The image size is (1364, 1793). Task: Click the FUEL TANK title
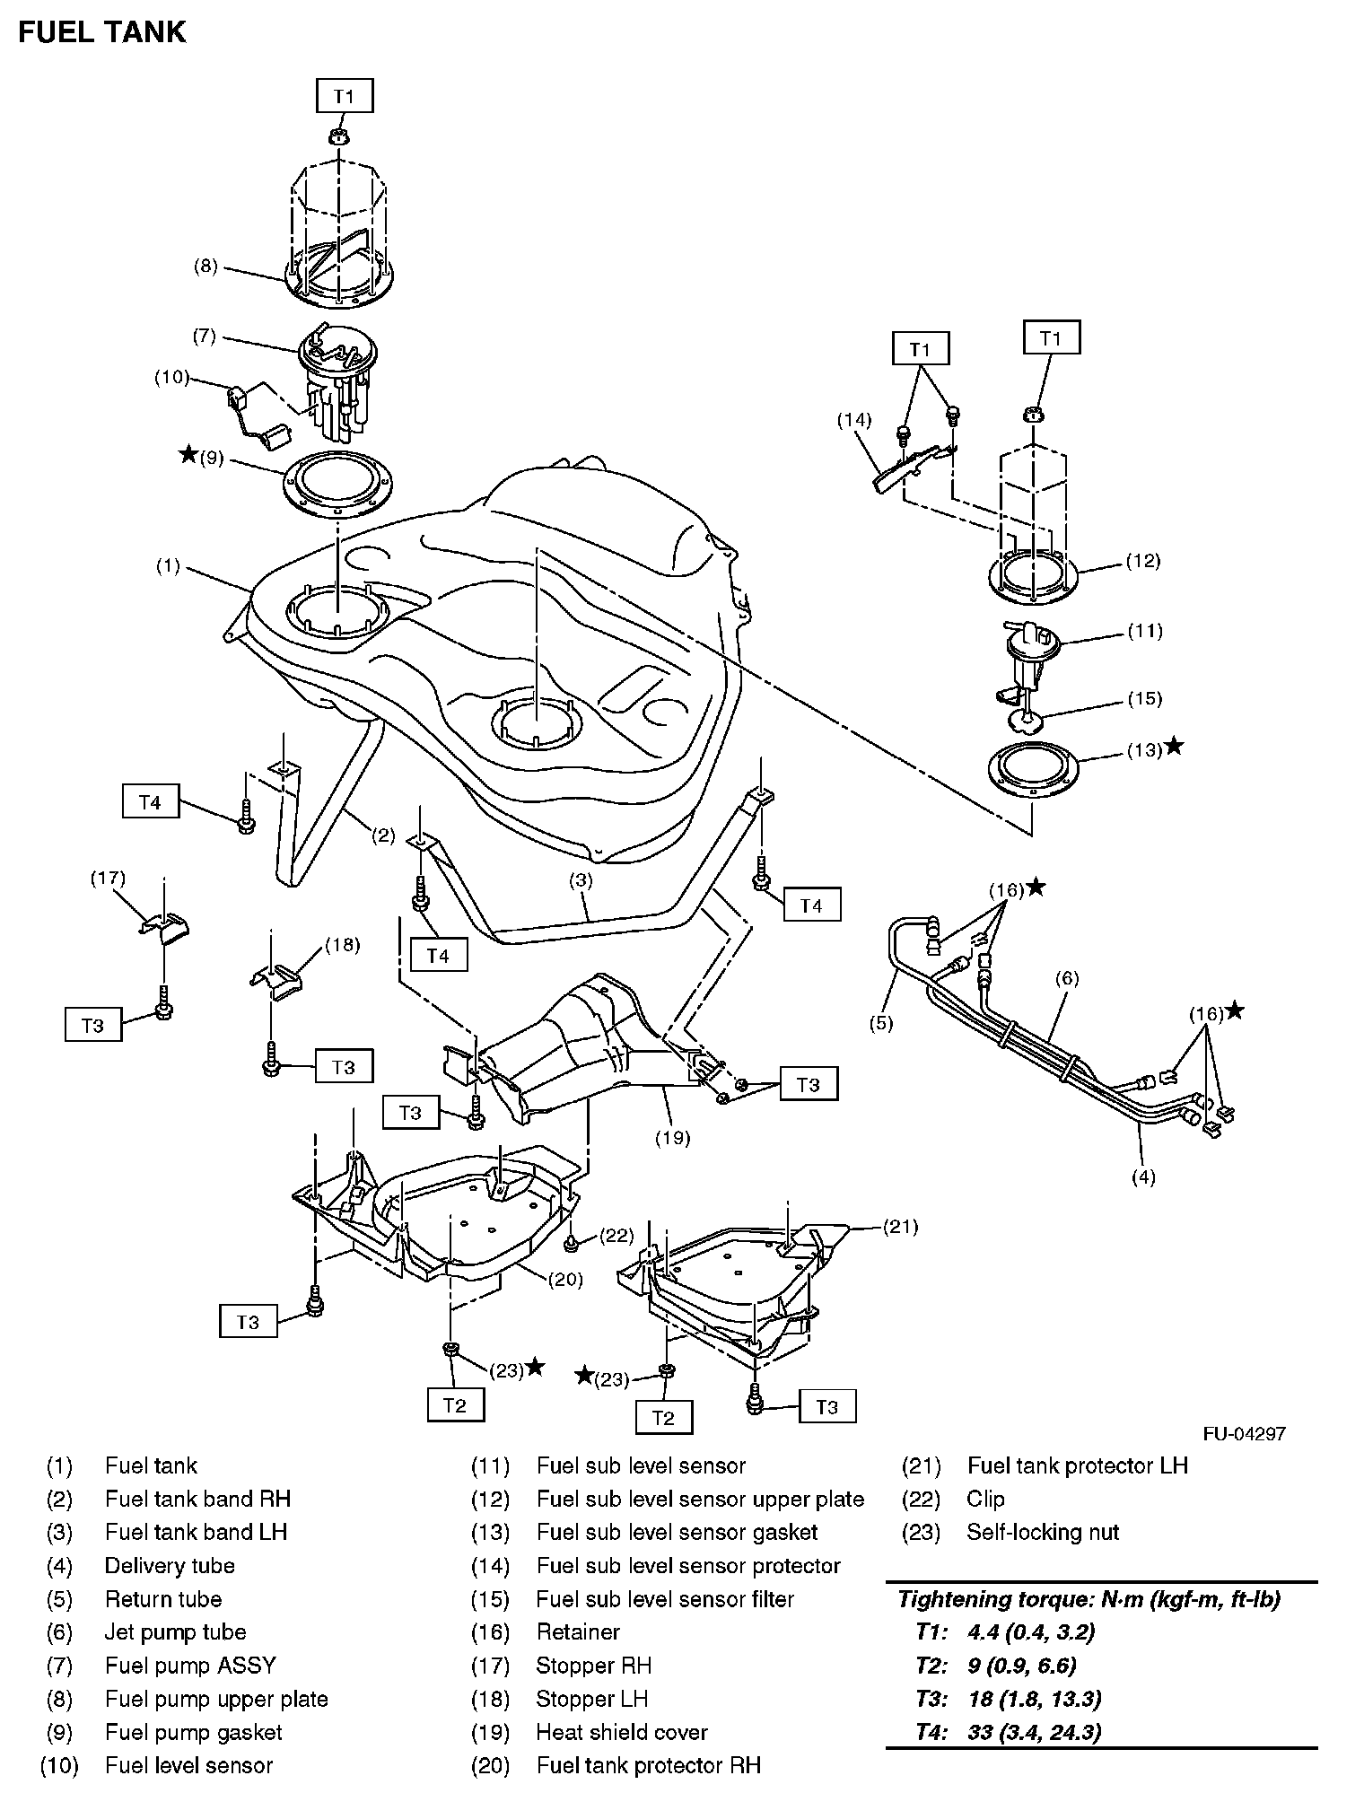pyautogui.click(x=102, y=32)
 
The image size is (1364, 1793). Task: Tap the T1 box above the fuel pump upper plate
pyautogui.click(x=345, y=96)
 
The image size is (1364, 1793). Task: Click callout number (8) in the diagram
pyautogui.click(x=206, y=266)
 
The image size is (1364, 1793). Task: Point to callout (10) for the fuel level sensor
pyautogui.click(x=171, y=377)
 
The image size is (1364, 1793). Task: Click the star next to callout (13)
pyautogui.click(x=1173, y=747)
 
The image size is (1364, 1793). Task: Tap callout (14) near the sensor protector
pyautogui.click(x=854, y=419)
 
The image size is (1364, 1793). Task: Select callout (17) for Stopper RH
pyautogui.click(x=108, y=878)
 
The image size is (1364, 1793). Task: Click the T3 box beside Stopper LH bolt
pyautogui.click(x=344, y=1067)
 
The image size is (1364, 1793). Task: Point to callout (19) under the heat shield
pyautogui.click(x=672, y=1138)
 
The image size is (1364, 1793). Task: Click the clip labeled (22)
pyautogui.click(x=571, y=1243)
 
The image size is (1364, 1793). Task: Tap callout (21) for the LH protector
pyautogui.click(x=900, y=1227)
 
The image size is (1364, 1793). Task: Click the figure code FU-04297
pyautogui.click(x=1244, y=1433)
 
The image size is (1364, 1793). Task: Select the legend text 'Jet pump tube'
pyautogui.click(x=175, y=1632)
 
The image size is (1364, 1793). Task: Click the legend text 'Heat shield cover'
pyautogui.click(x=622, y=1732)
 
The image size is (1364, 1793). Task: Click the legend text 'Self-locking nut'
pyautogui.click(x=1043, y=1532)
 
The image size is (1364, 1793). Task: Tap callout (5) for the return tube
pyautogui.click(x=881, y=1022)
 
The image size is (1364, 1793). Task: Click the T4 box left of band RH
pyautogui.click(x=150, y=802)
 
